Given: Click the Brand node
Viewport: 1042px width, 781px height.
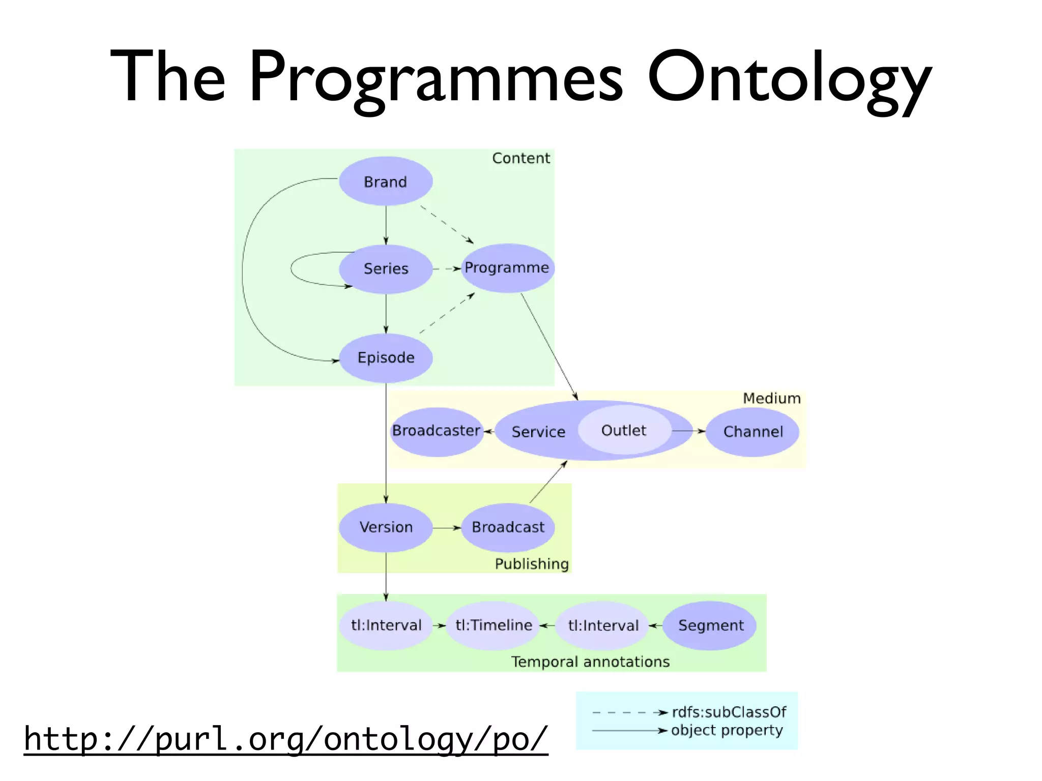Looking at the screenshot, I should click(386, 182).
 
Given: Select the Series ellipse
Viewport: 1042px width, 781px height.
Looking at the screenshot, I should click(386, 268).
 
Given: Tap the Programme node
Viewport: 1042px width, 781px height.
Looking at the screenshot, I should click(507, 267).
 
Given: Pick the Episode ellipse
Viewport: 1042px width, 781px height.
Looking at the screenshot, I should click(386, 357).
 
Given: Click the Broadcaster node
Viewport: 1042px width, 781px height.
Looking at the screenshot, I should click(436, 431).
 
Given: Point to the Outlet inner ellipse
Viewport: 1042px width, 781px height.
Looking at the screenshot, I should click(624, 431).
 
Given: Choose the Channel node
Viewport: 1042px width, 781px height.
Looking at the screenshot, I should click(752, 432).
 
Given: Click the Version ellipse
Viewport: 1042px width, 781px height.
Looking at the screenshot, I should click(386, 527).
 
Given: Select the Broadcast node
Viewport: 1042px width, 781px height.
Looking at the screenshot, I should click(508, 527).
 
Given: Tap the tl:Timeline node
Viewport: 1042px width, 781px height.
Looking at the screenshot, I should click(494, 625).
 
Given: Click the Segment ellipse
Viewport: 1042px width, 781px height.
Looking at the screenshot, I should click(710, 625).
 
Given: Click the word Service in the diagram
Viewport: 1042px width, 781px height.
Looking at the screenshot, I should click(538, 432).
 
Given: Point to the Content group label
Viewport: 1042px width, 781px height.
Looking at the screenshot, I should click(521, 158).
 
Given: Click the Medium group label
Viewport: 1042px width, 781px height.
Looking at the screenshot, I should click(771, 398).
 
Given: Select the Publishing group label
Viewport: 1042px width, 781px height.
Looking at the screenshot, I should click(532, 564).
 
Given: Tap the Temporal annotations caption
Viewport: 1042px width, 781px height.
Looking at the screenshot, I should click(590, 662).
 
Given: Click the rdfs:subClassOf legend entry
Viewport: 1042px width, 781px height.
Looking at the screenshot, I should click(729, 712).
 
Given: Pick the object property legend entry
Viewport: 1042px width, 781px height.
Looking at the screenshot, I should click(727, 730).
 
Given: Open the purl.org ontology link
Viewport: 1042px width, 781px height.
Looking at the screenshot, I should click(286, 739).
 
